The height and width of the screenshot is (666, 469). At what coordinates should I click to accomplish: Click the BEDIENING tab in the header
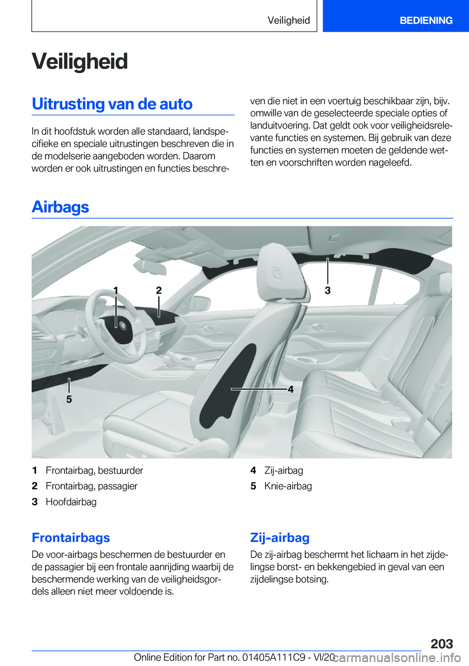(x=426, y=20)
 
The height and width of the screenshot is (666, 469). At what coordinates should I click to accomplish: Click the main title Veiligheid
(x=80, y=62)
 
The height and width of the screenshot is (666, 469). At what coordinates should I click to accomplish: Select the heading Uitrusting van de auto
(x=112, y=104)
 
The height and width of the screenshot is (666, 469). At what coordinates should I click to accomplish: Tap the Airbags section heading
(x=60, y=207)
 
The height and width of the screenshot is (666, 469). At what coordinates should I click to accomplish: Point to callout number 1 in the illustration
(x=116, y=290)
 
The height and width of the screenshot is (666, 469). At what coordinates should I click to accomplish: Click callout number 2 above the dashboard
(x=159, y=290)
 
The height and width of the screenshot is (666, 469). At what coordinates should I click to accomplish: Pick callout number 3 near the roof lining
(x=328, y=290)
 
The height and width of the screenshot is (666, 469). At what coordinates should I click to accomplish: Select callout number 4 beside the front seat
(x=291, y=389)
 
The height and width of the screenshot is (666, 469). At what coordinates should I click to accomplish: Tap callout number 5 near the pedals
(x=69, y=399)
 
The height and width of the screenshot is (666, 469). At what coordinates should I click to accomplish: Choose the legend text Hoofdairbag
(x=71, y=502)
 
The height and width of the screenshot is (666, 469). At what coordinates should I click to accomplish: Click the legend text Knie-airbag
(x=288, y=486)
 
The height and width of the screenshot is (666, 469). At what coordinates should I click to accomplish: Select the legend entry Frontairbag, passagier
(x=91, y=486)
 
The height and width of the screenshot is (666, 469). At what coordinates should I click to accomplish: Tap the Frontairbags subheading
(x=71, y=537)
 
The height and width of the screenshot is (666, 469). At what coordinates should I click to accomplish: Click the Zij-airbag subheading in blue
(x=280, y=537)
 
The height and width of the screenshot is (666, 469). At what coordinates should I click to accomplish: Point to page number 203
(x=442, y=644)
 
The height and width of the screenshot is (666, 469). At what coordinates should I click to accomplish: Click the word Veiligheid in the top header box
(x=289, y=20)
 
